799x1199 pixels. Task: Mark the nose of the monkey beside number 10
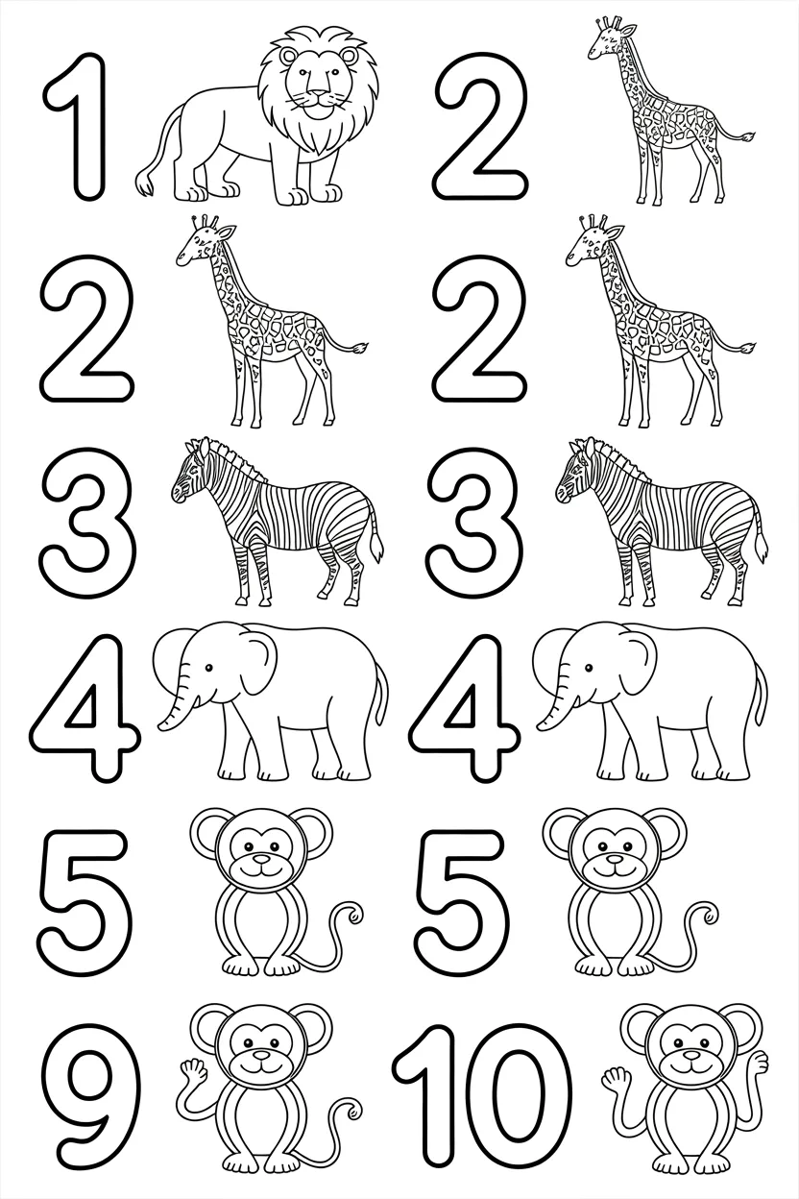point(685,1060)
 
